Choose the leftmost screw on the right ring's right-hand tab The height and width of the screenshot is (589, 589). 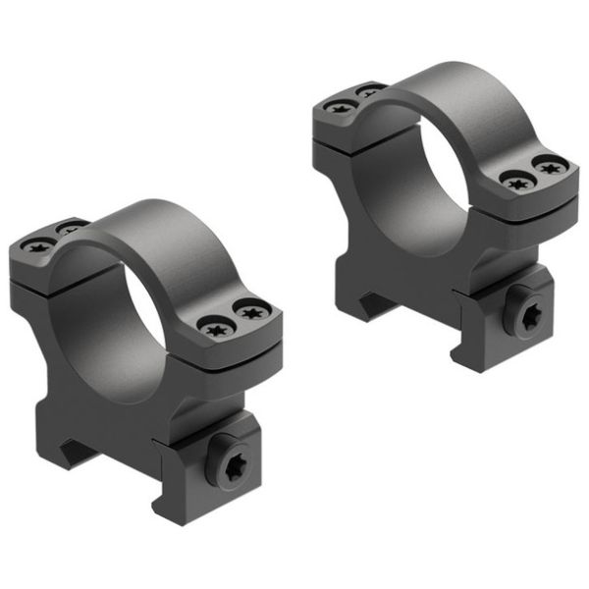(513, 180)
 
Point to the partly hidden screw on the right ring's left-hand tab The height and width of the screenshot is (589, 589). (369, 91)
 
